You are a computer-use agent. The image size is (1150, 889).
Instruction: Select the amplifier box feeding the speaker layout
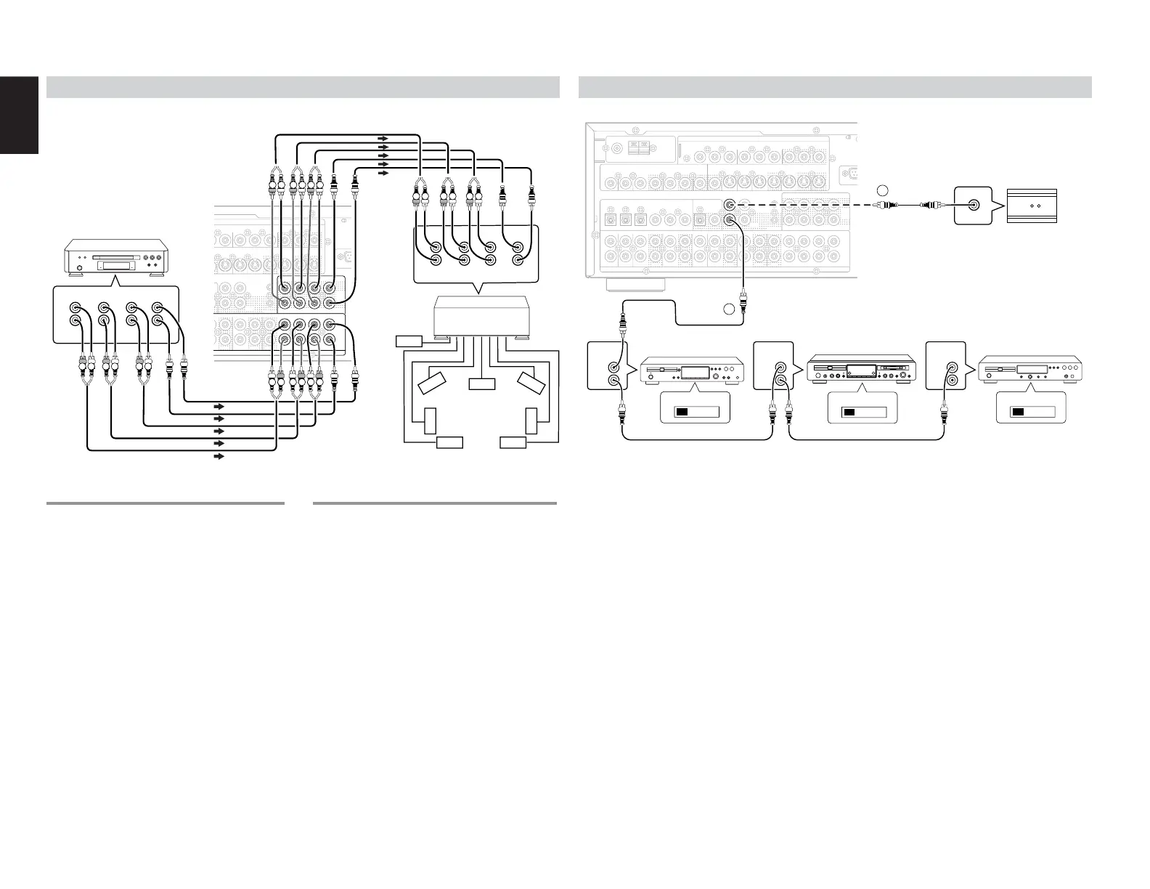click(x=480, y=317)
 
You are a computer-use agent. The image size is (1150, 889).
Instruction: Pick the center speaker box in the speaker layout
click(x=481, y=383)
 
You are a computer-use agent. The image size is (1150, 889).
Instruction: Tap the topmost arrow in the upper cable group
click(x=383, y=137)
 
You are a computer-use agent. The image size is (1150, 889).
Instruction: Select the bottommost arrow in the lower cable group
click(x=218, y=457)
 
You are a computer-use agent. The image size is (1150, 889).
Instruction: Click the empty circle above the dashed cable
click(x=881, y=190)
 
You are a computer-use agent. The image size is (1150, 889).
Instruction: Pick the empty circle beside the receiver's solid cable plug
click(x=729, y=309)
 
